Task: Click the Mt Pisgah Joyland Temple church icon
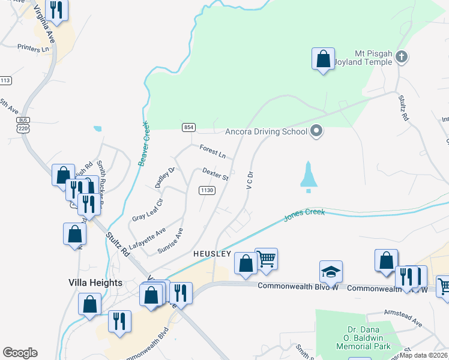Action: (402, 58)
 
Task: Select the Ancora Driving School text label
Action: (266, 132)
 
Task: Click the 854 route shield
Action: (189, 127)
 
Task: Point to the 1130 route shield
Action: (207, 190)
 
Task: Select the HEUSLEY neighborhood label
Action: (212, 254)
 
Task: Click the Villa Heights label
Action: (95, 283)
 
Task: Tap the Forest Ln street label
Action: (212, 152)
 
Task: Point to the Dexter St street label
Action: (216, 174)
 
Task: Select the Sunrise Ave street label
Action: (170, 241)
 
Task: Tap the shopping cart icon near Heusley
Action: (267, 259)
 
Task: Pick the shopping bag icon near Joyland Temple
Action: (323, 59)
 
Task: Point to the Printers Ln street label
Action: (33, 48)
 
